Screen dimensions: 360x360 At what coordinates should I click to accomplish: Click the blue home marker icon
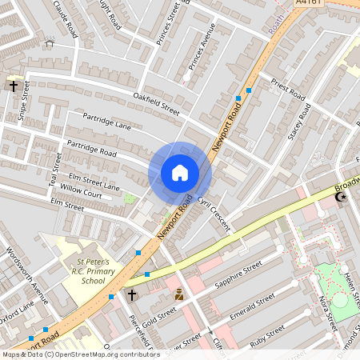tap(180, 173)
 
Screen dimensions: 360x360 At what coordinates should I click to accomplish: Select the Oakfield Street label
tap(157, 103)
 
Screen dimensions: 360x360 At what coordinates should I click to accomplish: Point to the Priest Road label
tap(289, 89)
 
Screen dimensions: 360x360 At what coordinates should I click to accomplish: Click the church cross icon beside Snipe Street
tap(14, 86)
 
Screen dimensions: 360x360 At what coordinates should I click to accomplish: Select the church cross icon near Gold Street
tap(132, 295)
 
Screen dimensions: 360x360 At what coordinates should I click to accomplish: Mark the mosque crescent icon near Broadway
tap(342, 197)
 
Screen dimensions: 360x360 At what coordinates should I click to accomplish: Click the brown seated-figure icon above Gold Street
tap(179, 294)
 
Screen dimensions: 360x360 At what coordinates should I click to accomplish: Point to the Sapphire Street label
tap(238, 274)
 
